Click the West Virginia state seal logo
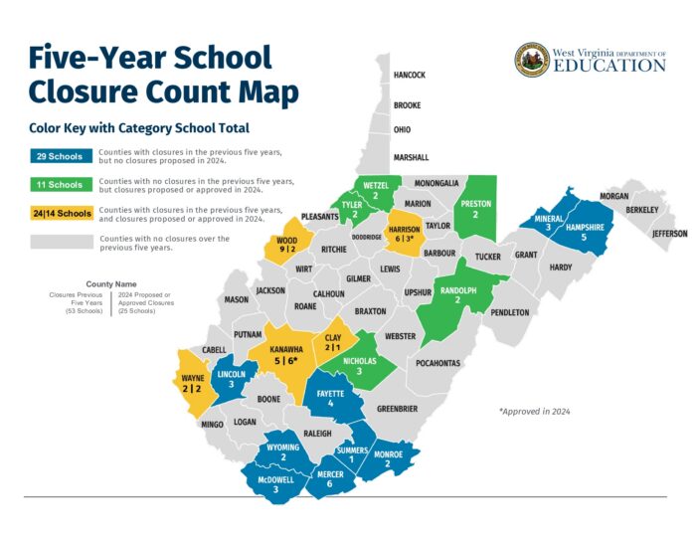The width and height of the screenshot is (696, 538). click(x=532, y=60)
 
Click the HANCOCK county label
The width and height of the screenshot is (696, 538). click(x=410, y=75)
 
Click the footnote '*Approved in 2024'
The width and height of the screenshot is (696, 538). click(x=535, y=412)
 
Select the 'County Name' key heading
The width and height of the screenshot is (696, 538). click(x=111, y=283)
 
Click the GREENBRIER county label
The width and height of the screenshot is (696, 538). click(x=397, y=409)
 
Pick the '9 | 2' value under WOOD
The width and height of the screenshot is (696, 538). click(x=286, y=251)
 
